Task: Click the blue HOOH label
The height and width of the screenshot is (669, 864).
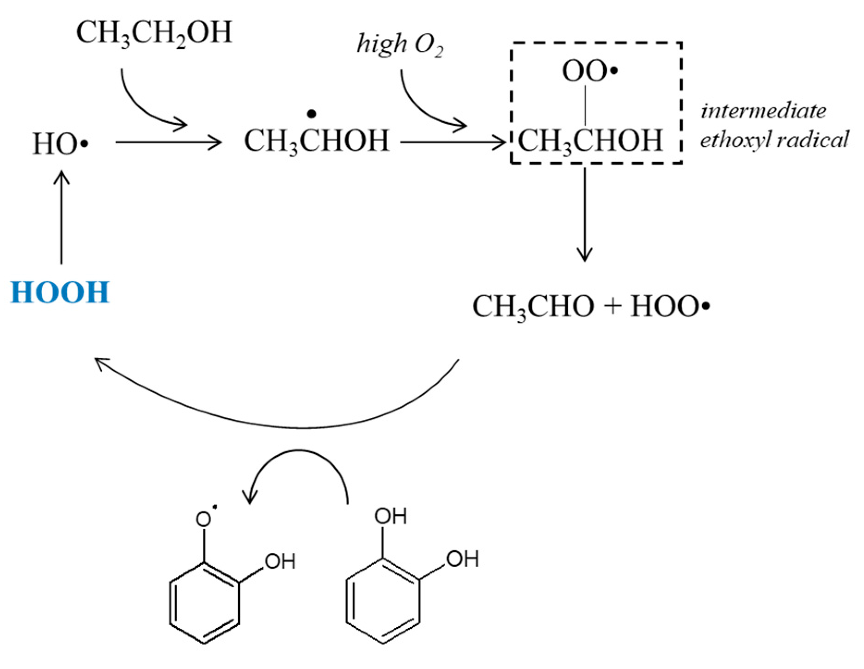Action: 60,292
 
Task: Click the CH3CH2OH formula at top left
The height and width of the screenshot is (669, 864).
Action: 153,33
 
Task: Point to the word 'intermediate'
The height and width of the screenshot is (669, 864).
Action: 763,111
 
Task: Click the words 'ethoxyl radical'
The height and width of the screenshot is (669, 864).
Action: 774,139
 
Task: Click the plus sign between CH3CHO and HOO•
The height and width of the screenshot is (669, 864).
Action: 613,307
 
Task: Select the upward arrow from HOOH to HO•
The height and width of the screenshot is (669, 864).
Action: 61,217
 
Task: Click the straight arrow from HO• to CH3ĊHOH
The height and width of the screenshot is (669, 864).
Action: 169,142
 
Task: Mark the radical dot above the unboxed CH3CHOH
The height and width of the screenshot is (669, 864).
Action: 312,114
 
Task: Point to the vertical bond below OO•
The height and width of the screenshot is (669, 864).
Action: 585,105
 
